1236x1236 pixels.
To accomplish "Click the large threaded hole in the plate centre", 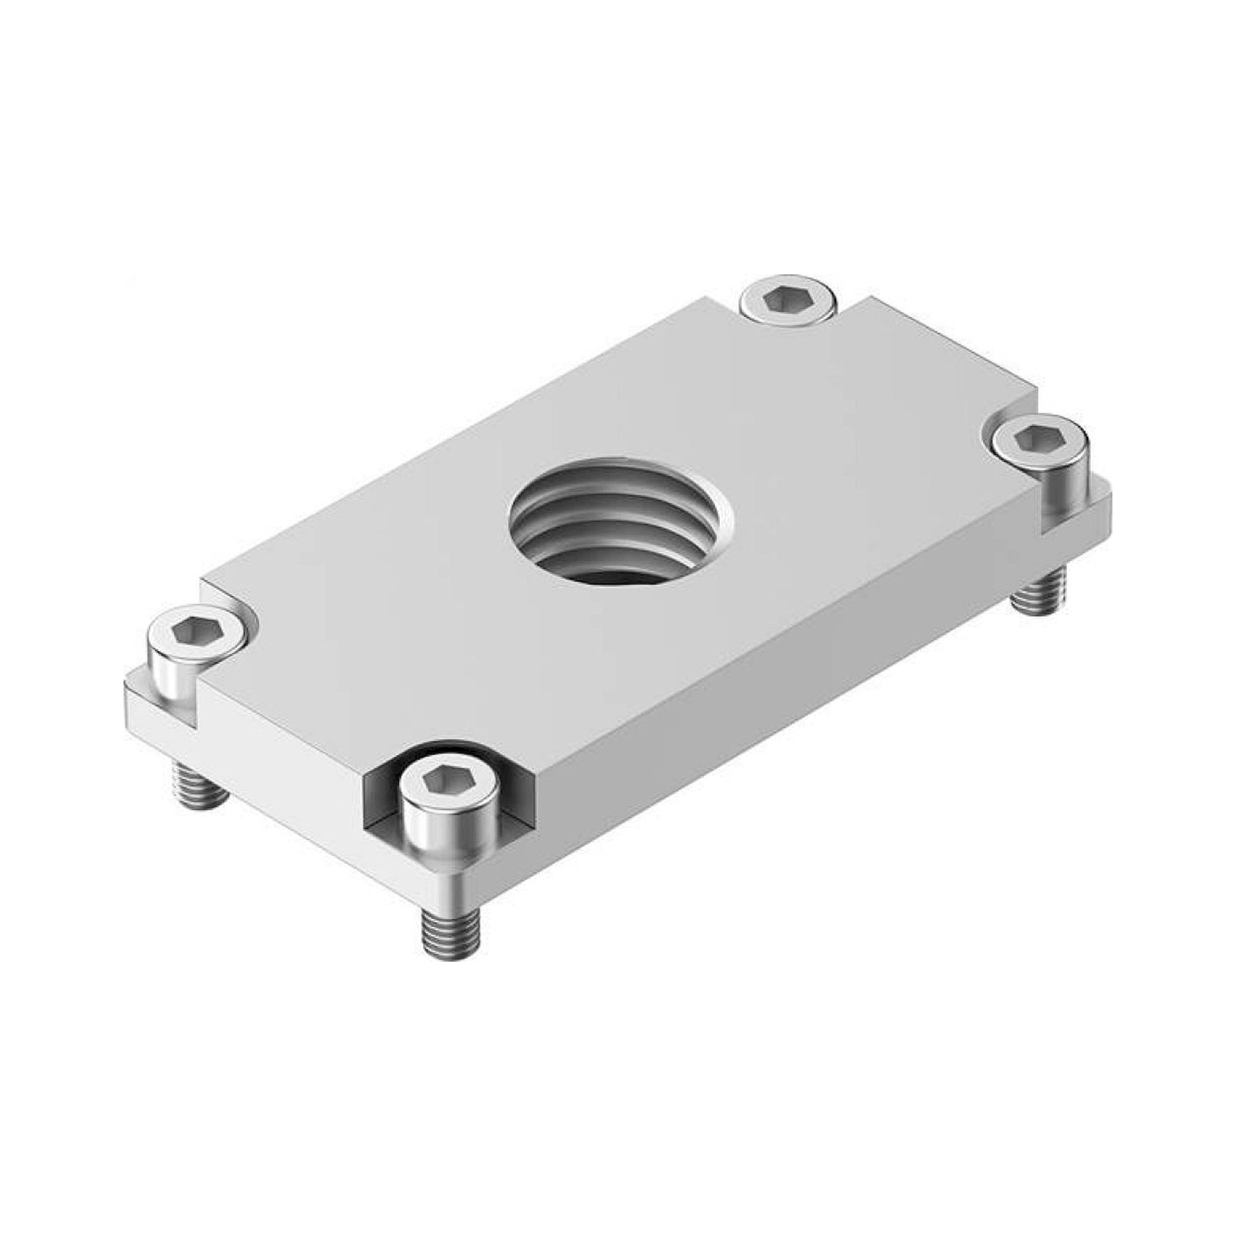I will pos(620,522).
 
